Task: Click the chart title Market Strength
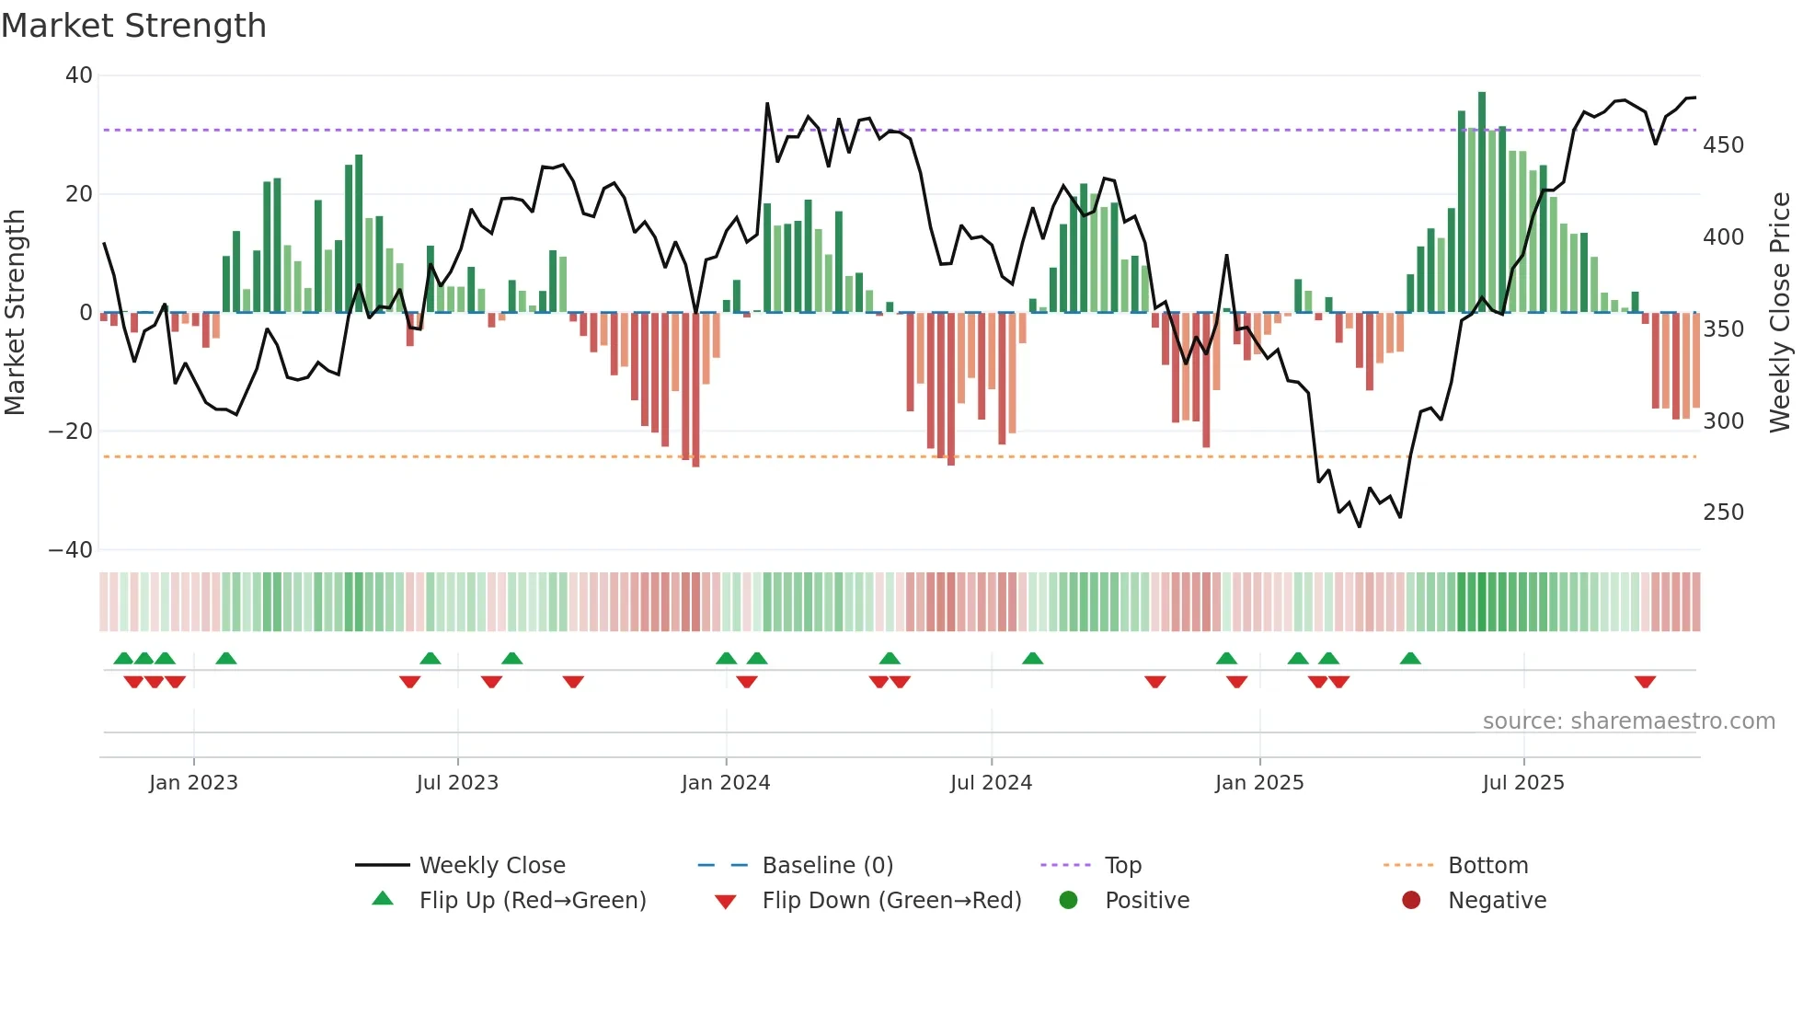click(x=133, y=26)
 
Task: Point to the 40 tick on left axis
click(x=78, y=75)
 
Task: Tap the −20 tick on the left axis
click(x=71, y=432)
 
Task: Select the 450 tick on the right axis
click(x=1723, y=145)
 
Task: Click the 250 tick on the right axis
click(x=1723, y=513)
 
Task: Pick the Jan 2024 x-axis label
click(x=726, y=783)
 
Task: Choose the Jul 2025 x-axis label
click(x=1523, y=783)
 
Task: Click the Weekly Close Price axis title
click(x=1780, y=313)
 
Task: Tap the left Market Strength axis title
click(x=15, y=313)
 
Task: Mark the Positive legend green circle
click(x=1068, y=900)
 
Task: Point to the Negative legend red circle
click(x=1411, y=900)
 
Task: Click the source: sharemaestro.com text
click(x=1628, y=721)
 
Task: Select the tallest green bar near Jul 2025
click(x=1482, y=202)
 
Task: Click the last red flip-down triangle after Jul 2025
click(x=1646, y=682)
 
